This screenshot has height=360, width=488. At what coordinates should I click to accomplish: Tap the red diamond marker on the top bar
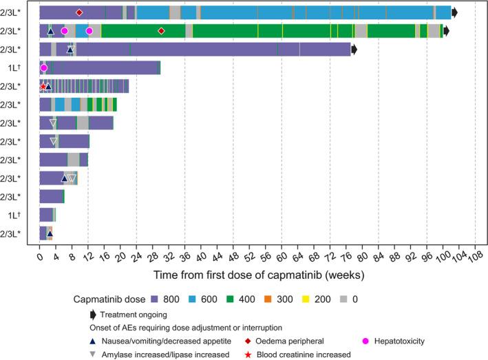79,12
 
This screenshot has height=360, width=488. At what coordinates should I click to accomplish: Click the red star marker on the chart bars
43,87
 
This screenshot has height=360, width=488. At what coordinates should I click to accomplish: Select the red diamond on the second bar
161,31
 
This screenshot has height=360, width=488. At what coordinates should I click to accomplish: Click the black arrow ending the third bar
354,50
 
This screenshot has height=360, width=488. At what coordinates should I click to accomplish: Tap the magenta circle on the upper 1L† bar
43,67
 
